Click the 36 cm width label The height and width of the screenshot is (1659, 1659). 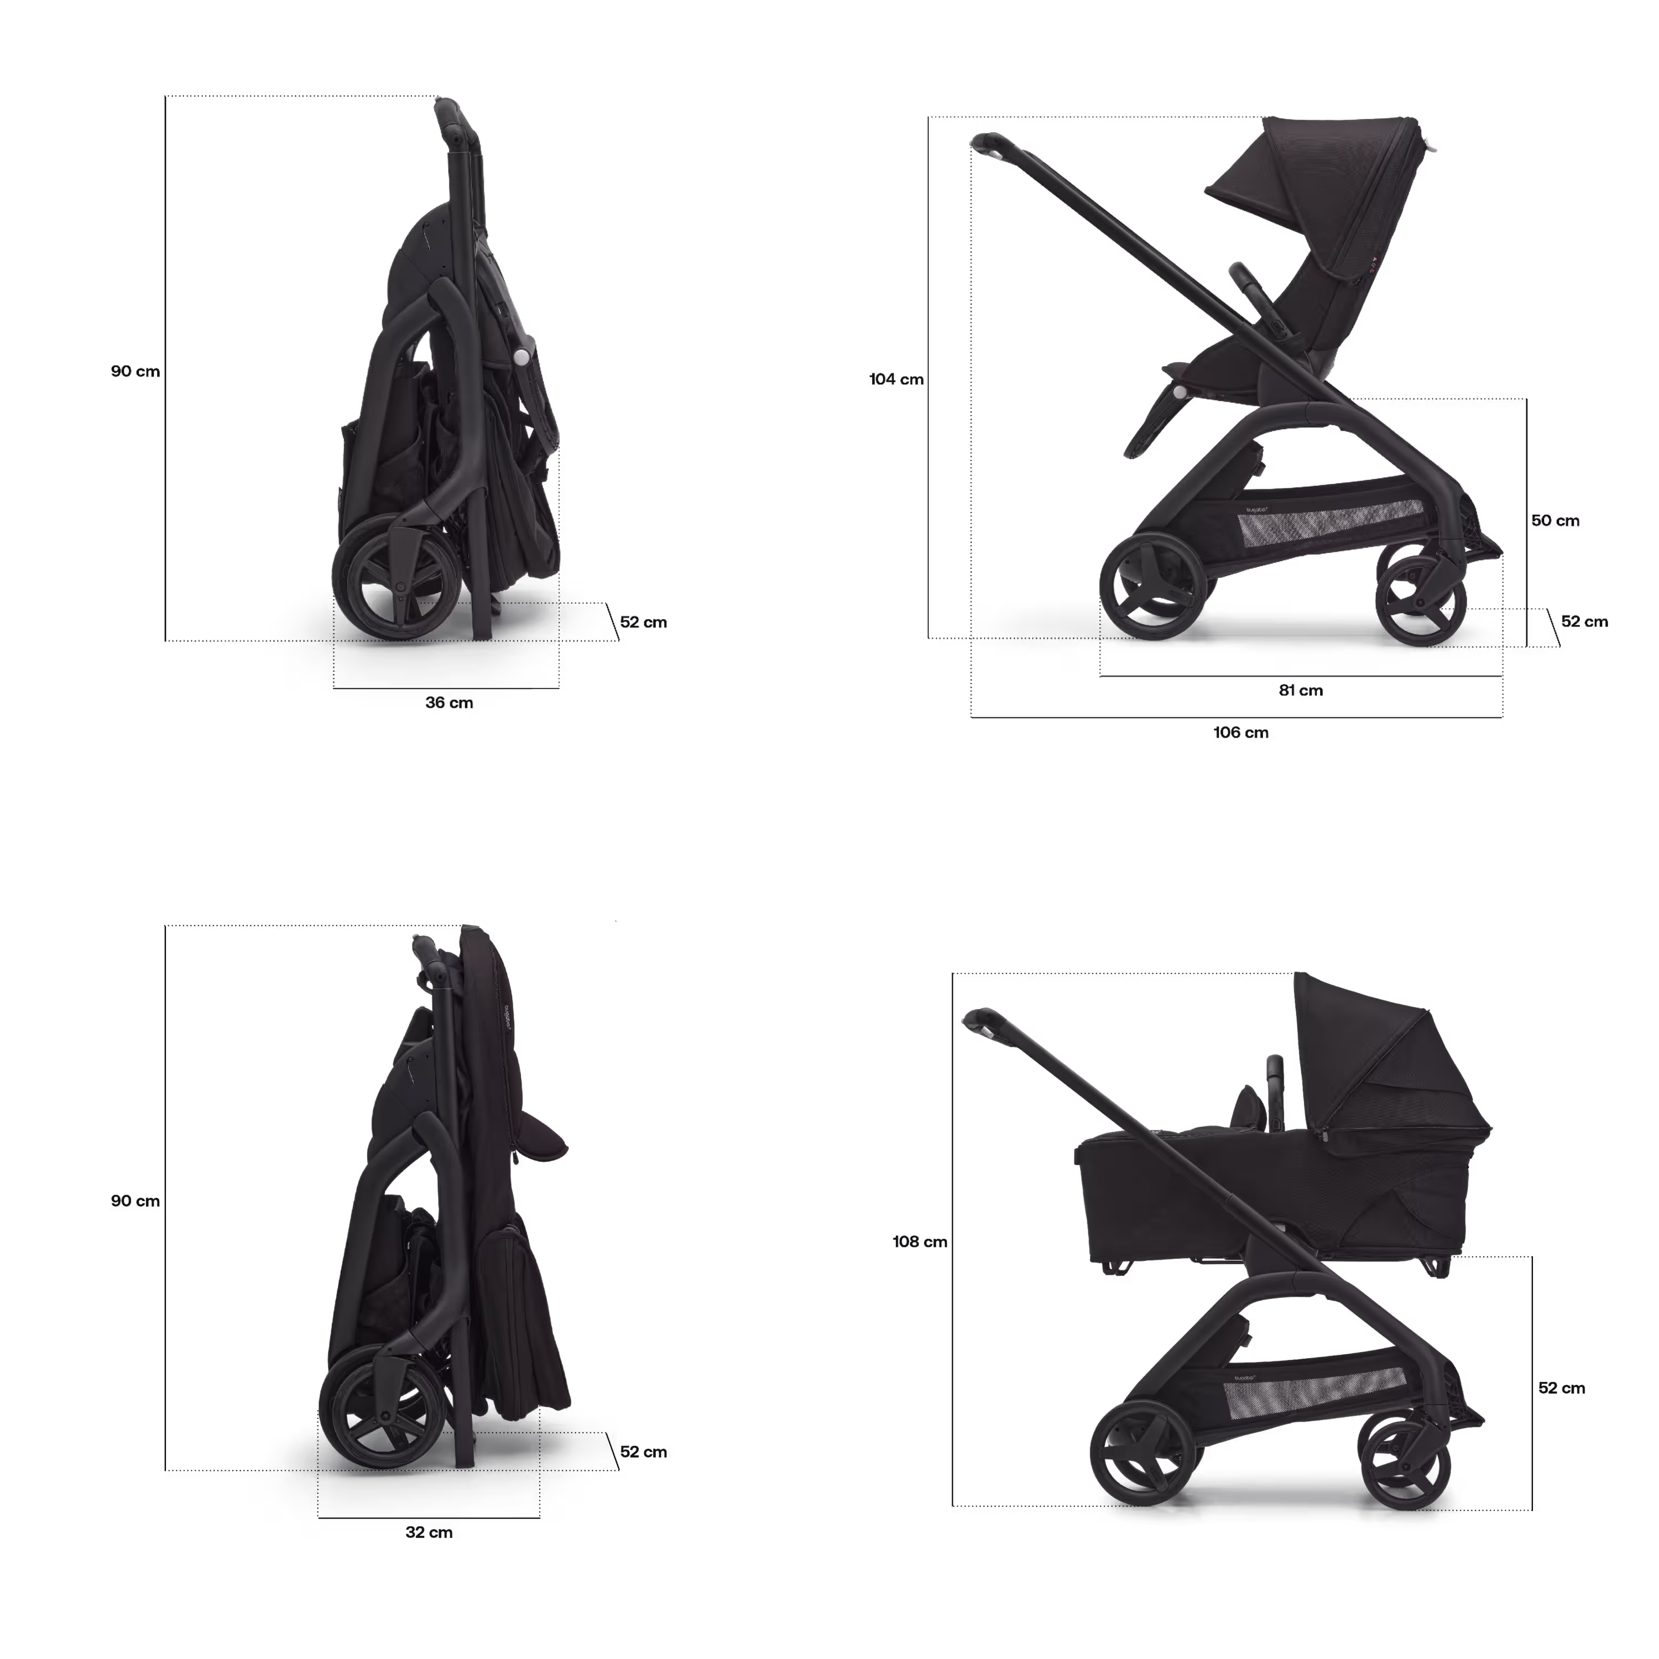(449, 702)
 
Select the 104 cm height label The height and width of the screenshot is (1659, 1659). (896, 379)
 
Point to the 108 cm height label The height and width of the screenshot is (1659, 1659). (920, 1241)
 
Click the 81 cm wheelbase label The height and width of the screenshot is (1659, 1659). (1300, 690)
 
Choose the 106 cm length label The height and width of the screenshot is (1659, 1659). (1241, 733)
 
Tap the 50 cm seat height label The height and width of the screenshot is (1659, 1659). (1555, 520)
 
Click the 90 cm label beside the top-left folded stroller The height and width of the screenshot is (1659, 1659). (135, 371)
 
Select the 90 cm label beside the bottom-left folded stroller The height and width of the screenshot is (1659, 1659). (135, 1201)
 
